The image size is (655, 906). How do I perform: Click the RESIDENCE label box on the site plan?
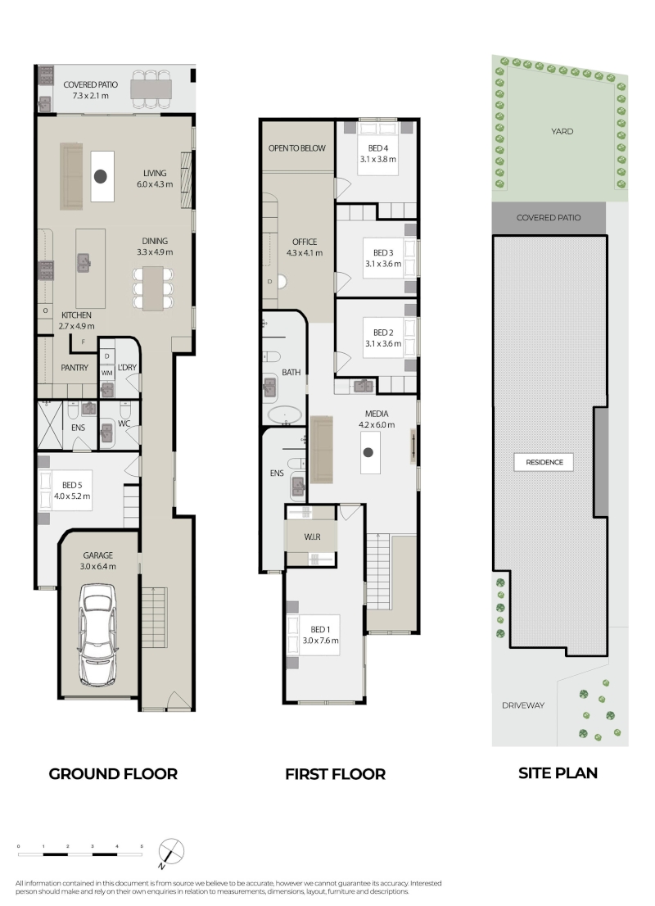544,462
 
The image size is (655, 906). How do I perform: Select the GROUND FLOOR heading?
113,773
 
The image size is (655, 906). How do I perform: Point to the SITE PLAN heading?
558,773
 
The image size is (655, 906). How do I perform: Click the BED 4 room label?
377,148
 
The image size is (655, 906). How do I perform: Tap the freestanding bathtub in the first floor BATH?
283,414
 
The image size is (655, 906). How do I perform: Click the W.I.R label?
312,537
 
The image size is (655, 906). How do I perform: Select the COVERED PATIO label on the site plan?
548,218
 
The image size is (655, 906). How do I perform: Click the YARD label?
562,131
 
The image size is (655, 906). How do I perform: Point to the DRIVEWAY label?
522,705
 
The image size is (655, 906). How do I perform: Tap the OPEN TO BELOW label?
297,148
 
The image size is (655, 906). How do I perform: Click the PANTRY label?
75,368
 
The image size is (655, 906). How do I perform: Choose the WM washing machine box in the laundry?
107,374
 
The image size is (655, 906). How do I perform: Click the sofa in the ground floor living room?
71,176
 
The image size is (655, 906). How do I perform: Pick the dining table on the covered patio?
151,89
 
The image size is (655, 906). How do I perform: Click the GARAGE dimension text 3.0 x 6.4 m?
97,566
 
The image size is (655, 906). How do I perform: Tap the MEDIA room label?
377,414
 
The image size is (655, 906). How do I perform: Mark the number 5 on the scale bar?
142,846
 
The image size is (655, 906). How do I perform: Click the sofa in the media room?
322,450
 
